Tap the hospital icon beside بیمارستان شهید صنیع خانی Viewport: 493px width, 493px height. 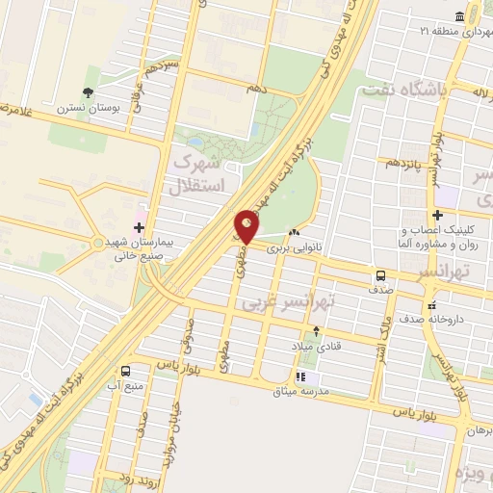(x=141, y=228)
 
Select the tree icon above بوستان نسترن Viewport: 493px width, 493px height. (x=89, y=92)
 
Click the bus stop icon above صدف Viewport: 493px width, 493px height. (x=381, y=276)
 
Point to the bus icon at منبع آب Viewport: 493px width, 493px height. (x=125, y=370)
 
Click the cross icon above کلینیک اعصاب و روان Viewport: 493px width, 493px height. (x=439, y=215)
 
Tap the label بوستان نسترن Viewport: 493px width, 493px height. (x=88, y=108)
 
